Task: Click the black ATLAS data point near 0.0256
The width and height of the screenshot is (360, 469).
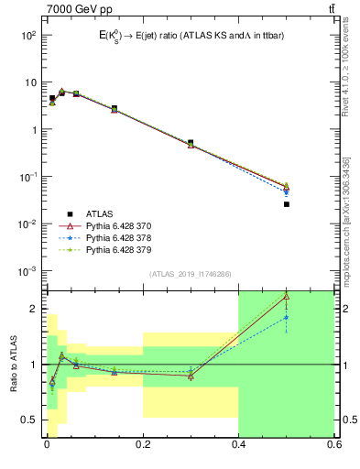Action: coord(287,204)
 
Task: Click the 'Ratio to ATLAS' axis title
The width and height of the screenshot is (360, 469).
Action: coord(14,364)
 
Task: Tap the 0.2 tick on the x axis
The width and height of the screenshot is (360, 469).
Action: coord(143,445)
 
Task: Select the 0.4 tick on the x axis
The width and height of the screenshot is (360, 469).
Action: coord(238,445)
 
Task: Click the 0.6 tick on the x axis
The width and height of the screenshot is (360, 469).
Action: coord(333,445)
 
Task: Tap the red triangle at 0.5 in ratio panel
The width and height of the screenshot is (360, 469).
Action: coord(287,297)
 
